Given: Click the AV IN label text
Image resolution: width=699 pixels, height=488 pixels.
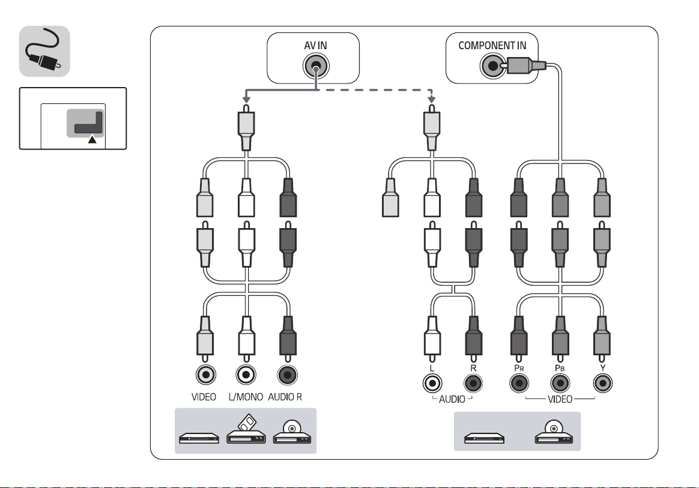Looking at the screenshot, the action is coord(315,46).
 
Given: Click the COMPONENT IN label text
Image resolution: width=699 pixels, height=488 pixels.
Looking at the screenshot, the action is coord(492,46).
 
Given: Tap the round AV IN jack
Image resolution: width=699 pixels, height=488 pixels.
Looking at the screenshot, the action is coord(316,67).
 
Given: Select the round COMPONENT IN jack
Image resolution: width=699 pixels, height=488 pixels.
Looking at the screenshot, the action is coord(492,66).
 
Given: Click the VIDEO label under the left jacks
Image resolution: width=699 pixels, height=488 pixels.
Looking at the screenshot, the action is coord(204,397).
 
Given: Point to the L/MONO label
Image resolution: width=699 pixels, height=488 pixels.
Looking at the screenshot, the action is coord(246,397).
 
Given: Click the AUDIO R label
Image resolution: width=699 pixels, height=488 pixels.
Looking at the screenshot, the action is coord(285,397).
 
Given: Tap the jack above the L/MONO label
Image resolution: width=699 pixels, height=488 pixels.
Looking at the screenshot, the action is coord(246,375).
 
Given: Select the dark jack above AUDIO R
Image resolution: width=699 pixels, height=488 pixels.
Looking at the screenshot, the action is coord(288,375).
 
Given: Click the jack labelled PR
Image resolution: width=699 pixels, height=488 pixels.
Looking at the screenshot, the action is coord(519,383).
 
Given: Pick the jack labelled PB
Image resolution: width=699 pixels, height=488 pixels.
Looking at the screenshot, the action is coord(560,383).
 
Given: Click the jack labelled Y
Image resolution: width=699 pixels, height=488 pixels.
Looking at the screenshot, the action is coord(603,383).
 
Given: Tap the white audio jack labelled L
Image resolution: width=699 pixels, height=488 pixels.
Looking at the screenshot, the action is coord(432,383).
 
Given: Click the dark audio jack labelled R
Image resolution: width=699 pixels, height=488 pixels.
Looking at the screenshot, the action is coord(473,383).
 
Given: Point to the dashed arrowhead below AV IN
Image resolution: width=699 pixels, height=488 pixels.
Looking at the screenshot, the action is coord(431,100).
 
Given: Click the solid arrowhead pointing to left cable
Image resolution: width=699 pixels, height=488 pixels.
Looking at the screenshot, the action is coord(246,100).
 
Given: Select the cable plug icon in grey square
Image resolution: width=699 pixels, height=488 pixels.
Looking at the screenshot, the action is coord(43,52).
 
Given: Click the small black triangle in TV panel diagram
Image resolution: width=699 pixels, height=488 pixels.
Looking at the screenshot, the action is coord(92,139).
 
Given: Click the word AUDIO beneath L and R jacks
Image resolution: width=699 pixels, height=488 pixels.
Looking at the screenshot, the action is coord(452,399).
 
